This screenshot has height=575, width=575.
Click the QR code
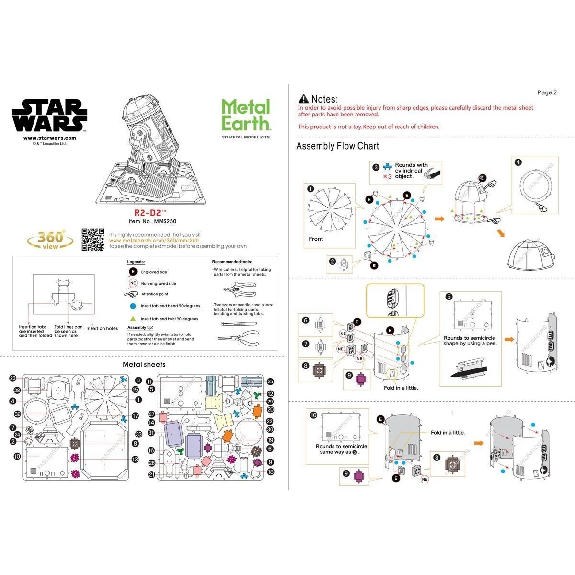point(92,240)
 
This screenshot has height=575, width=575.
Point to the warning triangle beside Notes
point(303,99)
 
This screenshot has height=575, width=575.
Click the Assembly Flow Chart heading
point(337,146)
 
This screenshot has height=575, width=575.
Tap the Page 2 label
point(547,92)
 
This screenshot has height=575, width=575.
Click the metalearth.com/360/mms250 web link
point(154,241)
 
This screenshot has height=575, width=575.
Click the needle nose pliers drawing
point(237,337)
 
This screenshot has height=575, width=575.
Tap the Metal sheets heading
point(144,364)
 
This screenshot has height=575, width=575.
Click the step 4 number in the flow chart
point(518,162)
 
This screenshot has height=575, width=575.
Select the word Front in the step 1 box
point(316,239)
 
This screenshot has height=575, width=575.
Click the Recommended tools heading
point(232,262)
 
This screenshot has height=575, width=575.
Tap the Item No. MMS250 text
point(147,221)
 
